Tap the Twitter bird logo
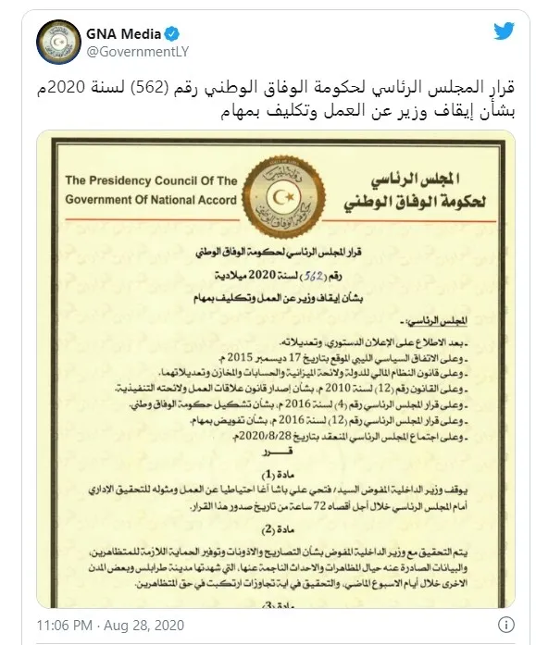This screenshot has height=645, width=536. (503, 31)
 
